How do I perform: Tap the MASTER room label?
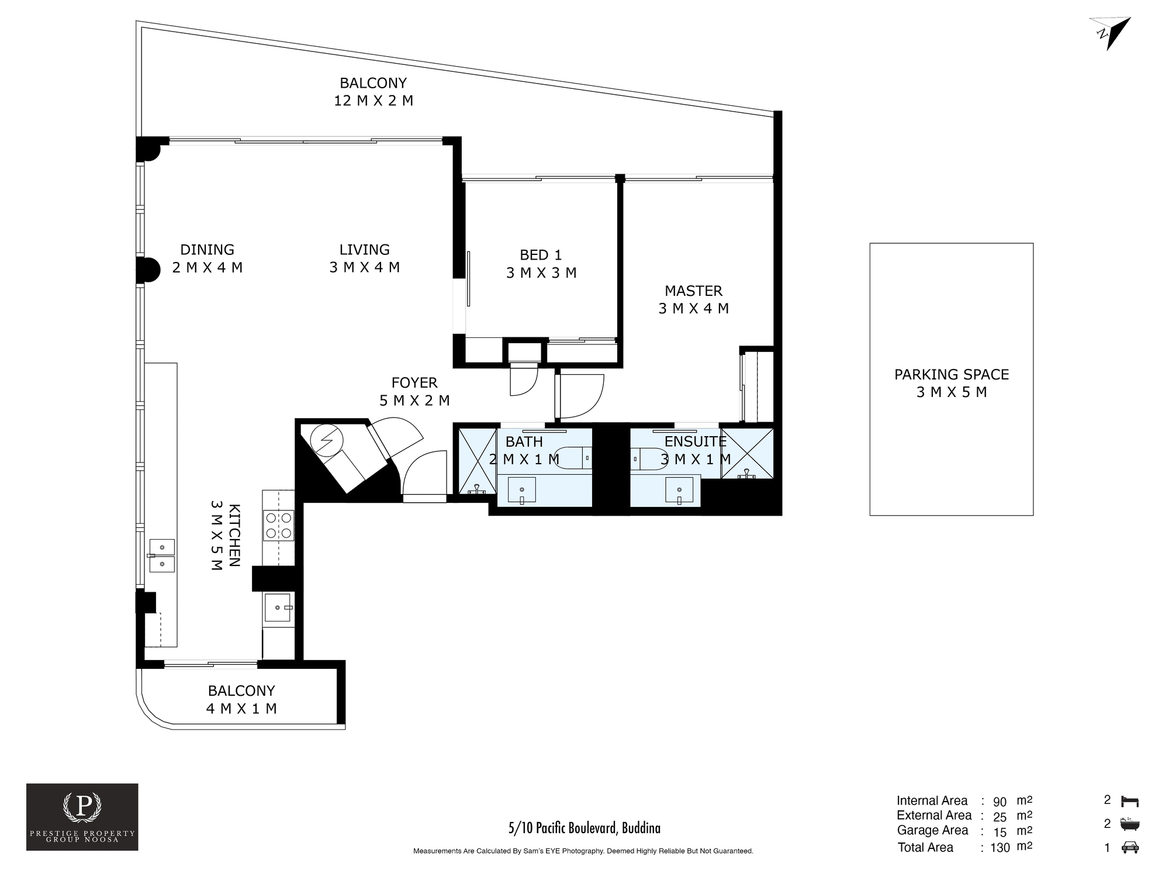tap(693, 291)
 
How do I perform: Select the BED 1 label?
tap(541, 255)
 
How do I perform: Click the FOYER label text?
tap(414, 383)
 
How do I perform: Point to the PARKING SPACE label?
tap(952, 374)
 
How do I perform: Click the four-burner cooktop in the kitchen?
tap(278, 525)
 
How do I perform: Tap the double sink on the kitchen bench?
tap(162, 555)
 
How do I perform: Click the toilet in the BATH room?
tap(573, 458)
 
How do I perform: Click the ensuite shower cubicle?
tap(747, 454)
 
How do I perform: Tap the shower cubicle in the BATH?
tap(477, 462)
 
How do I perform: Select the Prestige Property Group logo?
tap(82, 817)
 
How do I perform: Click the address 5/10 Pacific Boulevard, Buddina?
tap(584, 828)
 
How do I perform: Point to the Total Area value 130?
tap(1000, 847)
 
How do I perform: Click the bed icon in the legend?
tap(1130, 800)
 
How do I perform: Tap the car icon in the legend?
tap(1130, 847)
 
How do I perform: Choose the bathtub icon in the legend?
tap(1130, 824)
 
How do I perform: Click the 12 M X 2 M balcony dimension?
tap(373, 101)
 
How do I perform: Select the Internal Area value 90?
tap(999, 802)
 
